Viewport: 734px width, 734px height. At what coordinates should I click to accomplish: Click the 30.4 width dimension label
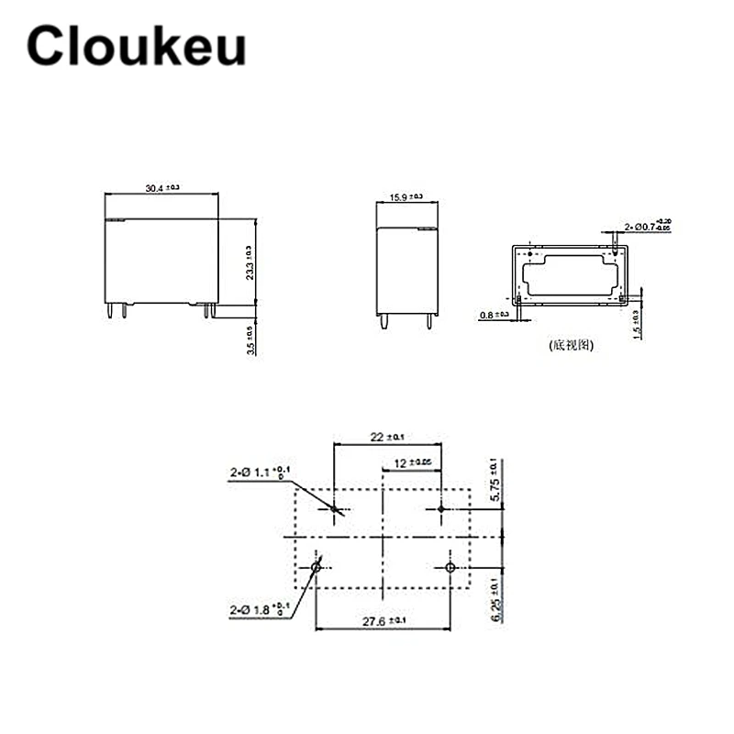(x=162, y=187)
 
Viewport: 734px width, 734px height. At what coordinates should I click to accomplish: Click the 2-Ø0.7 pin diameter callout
(x=648, y=224)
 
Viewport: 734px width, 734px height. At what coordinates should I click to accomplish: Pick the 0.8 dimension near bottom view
(x=494, y=315)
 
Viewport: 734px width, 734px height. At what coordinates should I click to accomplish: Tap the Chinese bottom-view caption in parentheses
(x=573, y=346)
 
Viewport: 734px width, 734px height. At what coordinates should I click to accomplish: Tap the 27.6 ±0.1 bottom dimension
(x=382, y=621)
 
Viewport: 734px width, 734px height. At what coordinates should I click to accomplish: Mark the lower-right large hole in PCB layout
(x=450, y=569)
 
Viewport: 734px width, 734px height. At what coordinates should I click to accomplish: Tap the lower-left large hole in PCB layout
(x=316, y=569)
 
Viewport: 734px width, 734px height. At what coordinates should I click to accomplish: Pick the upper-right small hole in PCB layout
(x=440, y=509)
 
